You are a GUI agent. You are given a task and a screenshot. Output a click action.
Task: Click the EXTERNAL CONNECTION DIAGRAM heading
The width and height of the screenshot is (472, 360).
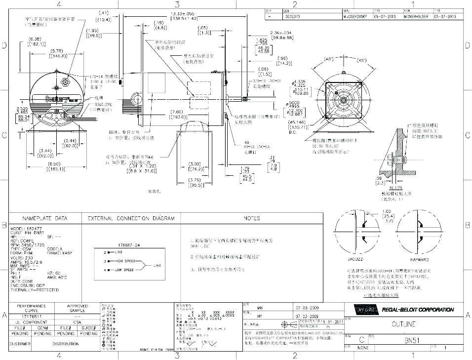[131, 218]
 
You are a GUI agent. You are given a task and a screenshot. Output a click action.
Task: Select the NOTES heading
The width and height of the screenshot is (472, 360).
[252, 218]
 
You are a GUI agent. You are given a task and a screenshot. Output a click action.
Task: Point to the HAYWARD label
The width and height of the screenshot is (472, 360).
[418, 259]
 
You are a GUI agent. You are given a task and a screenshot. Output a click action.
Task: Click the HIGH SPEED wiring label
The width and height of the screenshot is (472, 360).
[125, 261]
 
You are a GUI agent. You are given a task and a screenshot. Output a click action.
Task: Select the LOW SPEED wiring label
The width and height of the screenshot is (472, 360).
[124, 270]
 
